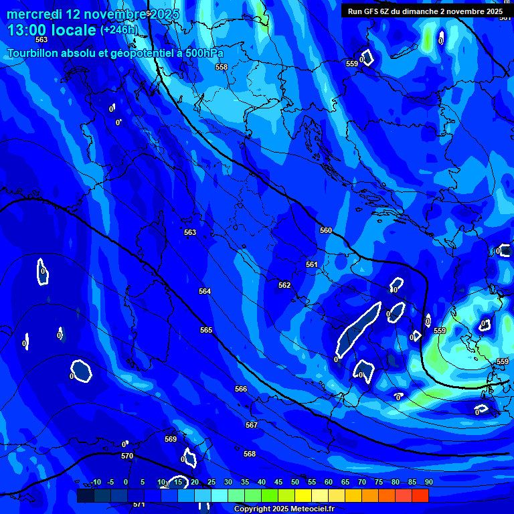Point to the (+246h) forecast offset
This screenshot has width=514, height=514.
[x=119, y=30]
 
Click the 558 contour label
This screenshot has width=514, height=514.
[x=222, y=67]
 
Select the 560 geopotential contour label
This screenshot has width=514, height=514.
[x=326, y=230]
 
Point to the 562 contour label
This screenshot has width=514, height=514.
[x=284, y=285]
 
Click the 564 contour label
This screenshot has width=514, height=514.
[x=205, y=291]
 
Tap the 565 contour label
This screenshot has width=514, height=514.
[x=206, y=330]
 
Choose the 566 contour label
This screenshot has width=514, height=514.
[x=241, y=389]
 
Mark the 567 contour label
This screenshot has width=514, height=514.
[x=252, y=425]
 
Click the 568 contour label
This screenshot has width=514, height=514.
[x=250, y=454]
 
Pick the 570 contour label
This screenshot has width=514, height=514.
[x=127, y=456]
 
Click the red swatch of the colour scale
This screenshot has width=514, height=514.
[x=420, y=496]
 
